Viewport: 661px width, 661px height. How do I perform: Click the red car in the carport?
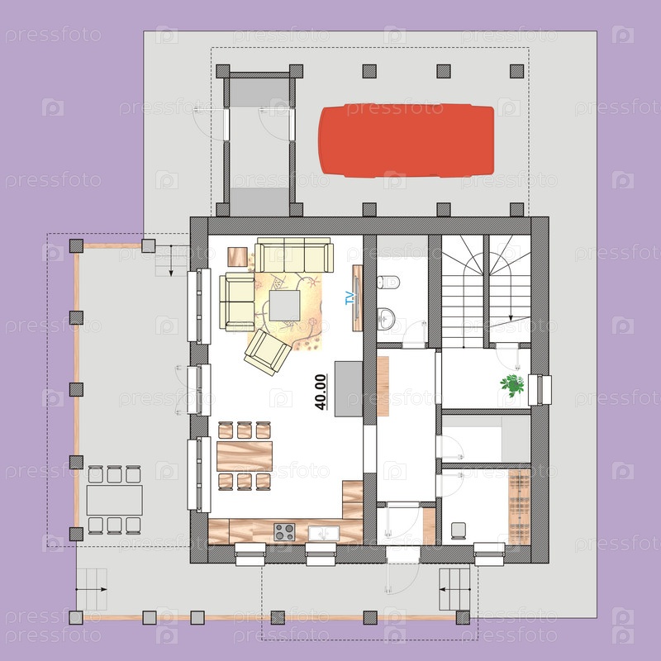point(406,140)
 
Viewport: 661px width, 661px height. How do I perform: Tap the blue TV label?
point(350,298)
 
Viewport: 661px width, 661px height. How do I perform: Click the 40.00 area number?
point(321,392)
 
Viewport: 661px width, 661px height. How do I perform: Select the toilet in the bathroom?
point(388,282)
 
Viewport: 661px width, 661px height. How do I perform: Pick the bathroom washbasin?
point(386,318)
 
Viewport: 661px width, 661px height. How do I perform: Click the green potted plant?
point(512,384)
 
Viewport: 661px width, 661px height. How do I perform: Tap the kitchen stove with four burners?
point(284,532)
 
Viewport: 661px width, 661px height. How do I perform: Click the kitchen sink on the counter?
point(323,533)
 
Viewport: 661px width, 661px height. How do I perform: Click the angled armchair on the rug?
point(267,352)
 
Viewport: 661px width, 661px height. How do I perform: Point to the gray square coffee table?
point(285,306)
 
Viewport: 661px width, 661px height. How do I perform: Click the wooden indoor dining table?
point(245,456)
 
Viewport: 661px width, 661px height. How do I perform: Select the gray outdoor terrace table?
point(115,500)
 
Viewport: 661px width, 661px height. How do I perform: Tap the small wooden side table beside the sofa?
point(237,257)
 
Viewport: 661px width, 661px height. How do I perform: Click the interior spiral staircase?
point(486,292)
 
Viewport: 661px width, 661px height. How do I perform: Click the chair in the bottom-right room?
point(459,530)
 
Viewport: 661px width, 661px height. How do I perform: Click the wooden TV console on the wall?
point(358,297)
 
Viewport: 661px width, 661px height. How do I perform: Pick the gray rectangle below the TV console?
point(349,388)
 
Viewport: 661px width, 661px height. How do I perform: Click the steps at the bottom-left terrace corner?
point(92,589)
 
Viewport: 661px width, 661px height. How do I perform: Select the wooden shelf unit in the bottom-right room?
point(520,507)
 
